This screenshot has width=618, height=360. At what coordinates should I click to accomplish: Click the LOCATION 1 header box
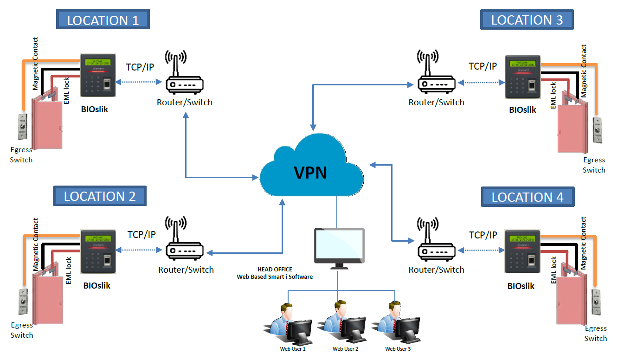click(103, 20)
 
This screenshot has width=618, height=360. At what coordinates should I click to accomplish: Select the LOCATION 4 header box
click(528, 197)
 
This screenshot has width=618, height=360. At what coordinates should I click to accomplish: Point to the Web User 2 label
click(345, 349)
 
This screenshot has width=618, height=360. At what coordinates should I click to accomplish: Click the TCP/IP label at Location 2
click(142, 235)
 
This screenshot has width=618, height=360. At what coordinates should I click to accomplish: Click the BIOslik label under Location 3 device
click(522, 110)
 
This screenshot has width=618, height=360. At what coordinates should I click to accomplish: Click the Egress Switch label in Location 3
click(594, 165)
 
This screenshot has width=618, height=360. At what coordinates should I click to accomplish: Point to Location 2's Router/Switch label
click(186, 270)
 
